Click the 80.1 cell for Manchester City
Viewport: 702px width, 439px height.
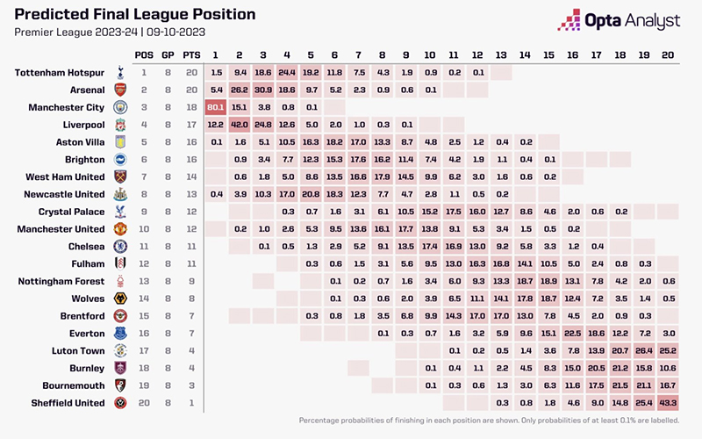point(216,108)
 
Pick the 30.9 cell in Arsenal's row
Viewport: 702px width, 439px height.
point(264,90)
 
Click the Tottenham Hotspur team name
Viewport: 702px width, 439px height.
point(61,73)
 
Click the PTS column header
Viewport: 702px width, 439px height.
point(192,55)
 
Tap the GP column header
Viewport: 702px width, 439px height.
point(168,55)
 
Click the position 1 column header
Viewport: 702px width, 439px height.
point(216,55)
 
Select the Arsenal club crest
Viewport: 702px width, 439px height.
point(120,90)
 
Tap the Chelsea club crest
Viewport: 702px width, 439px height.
point(120,247)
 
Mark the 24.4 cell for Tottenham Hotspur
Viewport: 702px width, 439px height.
point(288,73)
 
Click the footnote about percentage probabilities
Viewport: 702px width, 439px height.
point(489,421)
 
